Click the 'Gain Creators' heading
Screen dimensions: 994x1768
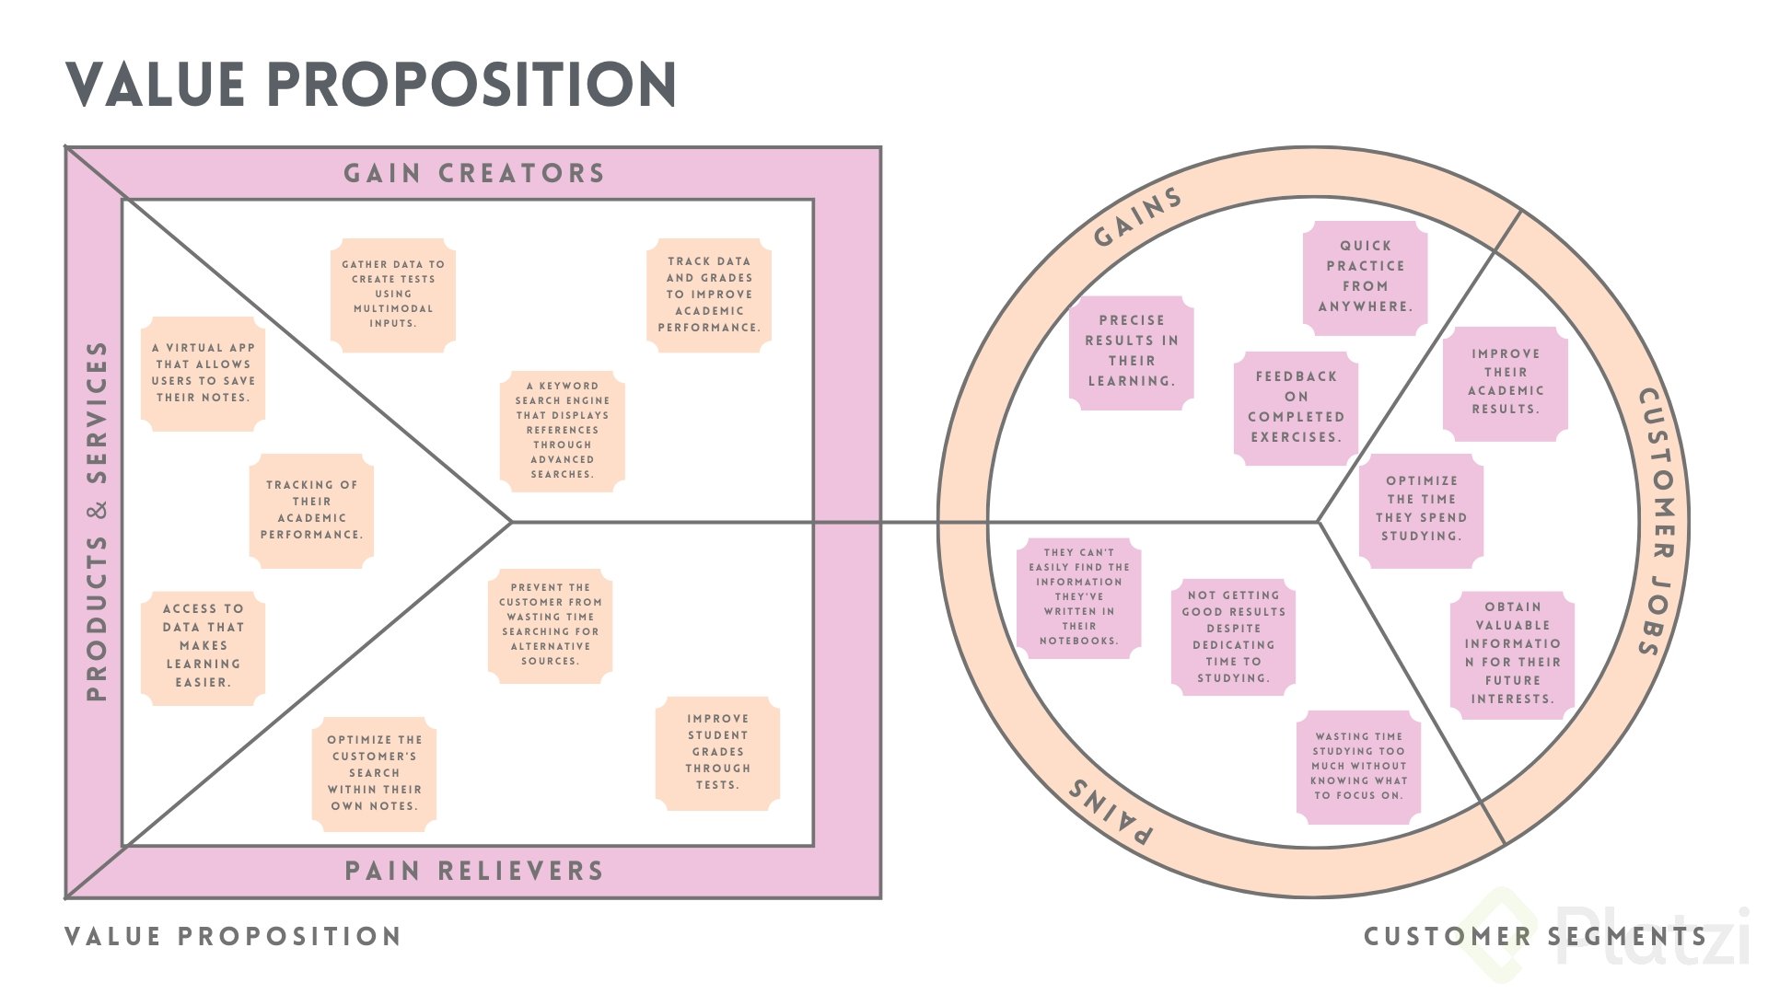pyautogui.click(x=473, y=173)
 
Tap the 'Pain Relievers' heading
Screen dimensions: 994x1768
pyautogui.click(x=473, y=871)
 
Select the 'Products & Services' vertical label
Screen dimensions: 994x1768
pyautogui.click(x=97, y=521)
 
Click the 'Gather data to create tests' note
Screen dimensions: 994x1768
pyautogui.click(x=393, y=295)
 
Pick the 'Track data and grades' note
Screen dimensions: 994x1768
pyautogui.click(x=709, y=295)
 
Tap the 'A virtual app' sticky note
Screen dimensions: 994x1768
pyautogui.click(x=203, y=374)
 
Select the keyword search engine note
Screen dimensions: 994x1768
pyautogui.click(x=563, y=431)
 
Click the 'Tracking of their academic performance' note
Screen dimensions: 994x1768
pyautogui.click(x=311, y=510)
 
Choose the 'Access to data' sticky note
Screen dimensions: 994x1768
pyautogui.click(x=203, y=647)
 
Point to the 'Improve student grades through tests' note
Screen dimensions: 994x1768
pyautogui.click(x=717, y=753)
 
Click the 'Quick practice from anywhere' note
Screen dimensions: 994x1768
pyautogui.click(x=1365, y=277)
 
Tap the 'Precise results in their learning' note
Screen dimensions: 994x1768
pyautogui.click(x=1131, y=352)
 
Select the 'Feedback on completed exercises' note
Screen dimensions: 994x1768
pyautogui.click(x=1296, y=408)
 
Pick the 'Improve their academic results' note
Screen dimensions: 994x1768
pyautogui.click(x=1505, y=383)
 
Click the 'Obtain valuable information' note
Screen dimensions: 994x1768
pyautogui.click(x=1512, y=654)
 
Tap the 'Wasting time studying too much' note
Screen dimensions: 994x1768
pyautogui.click(x=1358, y=767)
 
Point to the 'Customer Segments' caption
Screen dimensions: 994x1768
pyautogui.click(x=1535, y=937)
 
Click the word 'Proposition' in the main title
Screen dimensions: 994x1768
pyautogui.click(x=472, y=85)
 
